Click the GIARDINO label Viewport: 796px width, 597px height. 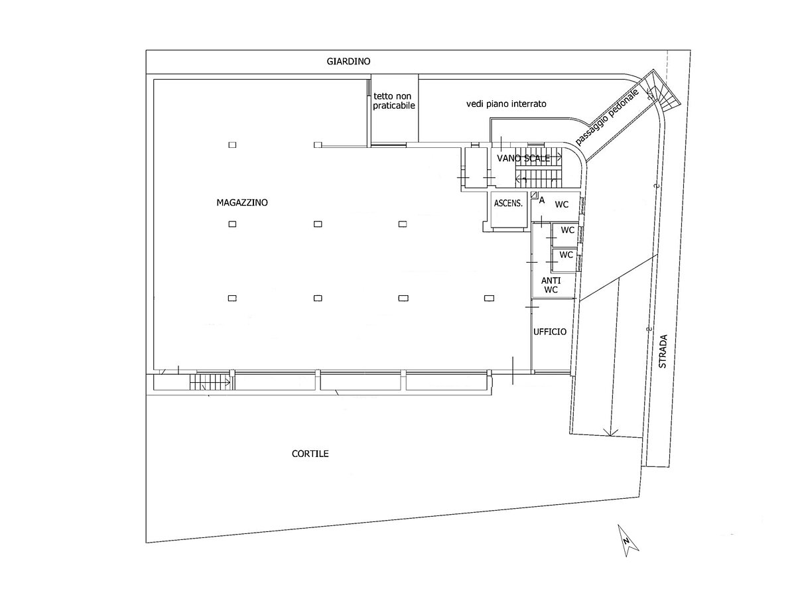tap(348, 61)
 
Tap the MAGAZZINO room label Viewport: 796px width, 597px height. tap(242, 202)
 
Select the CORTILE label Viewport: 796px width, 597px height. tap(310, 454)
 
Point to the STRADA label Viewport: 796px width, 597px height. tap(663, 352)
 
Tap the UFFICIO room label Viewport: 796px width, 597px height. tap(550, 331)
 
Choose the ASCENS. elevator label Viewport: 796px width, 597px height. tap(508, 204)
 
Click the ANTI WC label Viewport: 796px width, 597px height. tap(551, 285)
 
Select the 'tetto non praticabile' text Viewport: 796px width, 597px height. tap(393, 101)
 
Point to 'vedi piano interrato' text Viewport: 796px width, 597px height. tap(506, 103)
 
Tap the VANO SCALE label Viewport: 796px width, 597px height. tap(523, 158)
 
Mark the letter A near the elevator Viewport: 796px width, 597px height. tap(542, 200)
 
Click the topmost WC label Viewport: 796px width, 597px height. tap(562, 204)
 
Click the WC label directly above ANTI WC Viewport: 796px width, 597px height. tap(566, 255)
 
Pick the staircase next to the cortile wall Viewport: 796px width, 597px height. tap(210, 381)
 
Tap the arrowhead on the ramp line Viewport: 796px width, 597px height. tap(612, 432)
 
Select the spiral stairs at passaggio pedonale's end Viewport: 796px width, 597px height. tap(661, 90)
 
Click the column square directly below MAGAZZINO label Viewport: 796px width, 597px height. tap(232, 224)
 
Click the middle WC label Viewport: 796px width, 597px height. tap(568, 230)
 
